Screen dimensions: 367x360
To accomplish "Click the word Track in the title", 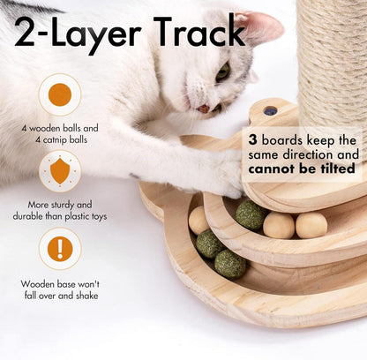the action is coord(199,32).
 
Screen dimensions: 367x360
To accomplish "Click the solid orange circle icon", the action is coord(60,94).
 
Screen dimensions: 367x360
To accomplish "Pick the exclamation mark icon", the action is coord(60,249).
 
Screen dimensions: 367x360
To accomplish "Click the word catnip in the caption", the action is coord(54,140).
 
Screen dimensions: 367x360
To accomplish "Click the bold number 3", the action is coord(252,140).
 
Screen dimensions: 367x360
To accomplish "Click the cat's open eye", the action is coord(222,71).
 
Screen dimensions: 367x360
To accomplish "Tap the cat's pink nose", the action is coord(204,109).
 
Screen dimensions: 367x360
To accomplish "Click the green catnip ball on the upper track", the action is coord(251,215).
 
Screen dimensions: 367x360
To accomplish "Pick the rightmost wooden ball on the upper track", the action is coord(311,225).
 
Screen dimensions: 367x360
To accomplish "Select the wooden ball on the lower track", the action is coord(198,221).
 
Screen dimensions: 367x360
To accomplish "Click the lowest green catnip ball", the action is coord(230,264).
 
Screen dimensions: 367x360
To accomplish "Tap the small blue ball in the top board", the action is coord(271,111).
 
